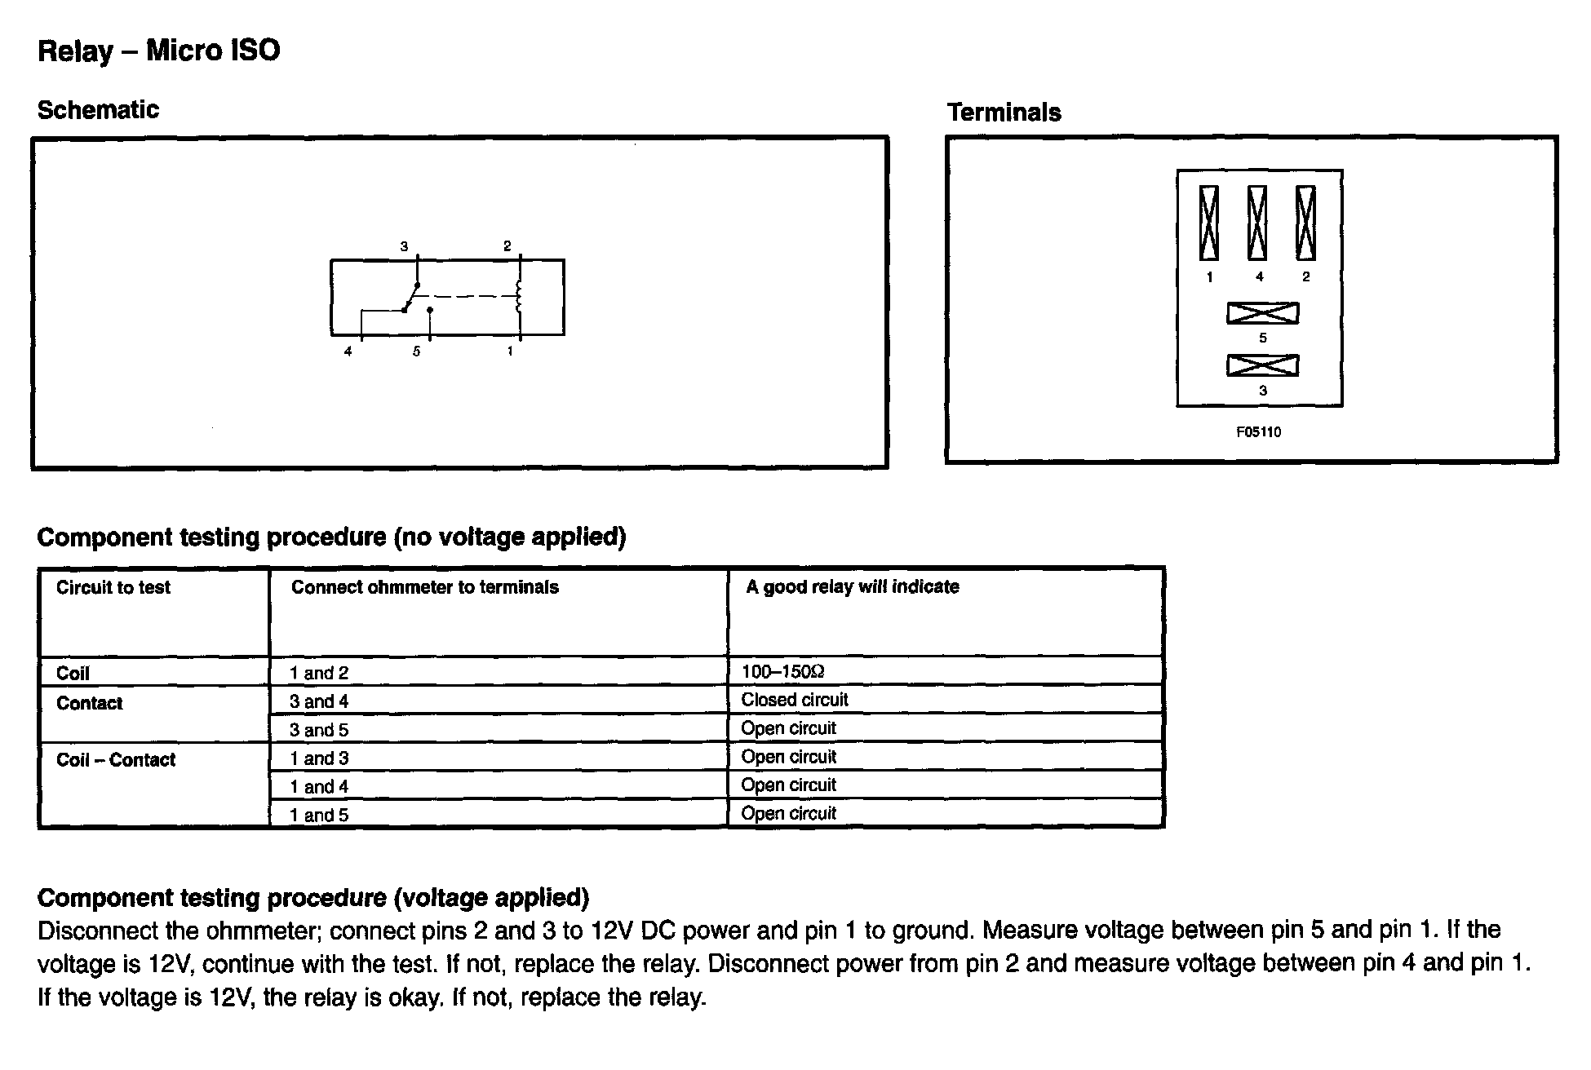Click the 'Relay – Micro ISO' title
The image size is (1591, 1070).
pos(159,51)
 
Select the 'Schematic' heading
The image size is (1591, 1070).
pos(98,110)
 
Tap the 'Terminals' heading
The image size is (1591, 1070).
pos(1004,113)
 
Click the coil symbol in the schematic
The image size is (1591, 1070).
pos(519,298)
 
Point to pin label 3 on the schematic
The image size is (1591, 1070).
pos(404,246)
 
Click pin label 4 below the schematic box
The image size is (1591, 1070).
pos(348,352)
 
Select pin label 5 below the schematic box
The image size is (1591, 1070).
pos(416,352)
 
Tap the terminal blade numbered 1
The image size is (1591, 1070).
pos(1209,223)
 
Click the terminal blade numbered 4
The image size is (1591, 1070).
pos(1257,223)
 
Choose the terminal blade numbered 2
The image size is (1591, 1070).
pos(1305,223)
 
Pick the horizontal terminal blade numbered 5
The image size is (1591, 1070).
pos(1262,313)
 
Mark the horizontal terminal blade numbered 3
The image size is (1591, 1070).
pos(1262,366)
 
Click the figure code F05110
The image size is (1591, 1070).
pos(1258,432)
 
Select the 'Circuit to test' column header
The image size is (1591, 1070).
pos(113,587)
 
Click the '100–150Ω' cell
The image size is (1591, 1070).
pos(783,672)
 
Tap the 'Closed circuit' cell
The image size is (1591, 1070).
pos(795,700)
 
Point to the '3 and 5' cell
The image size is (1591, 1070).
pos(319,730)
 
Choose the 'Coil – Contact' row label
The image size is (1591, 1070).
pos(116,760)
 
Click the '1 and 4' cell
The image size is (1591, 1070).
pos(319,787)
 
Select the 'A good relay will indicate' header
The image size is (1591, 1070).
pos(853,587)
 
